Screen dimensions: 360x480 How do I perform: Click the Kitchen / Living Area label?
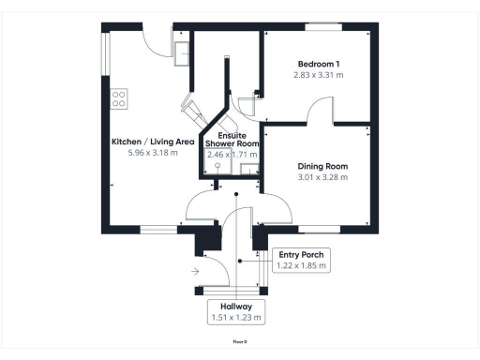tap(153, 142)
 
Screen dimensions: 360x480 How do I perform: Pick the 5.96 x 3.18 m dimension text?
tap(153, 154)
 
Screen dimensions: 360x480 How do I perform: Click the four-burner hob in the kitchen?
tap(119, 97)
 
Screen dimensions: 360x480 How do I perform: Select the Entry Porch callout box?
tap(302, 260)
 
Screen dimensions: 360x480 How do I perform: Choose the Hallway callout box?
tap(236, 311)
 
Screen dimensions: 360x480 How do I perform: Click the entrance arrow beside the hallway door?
tap(194, 271)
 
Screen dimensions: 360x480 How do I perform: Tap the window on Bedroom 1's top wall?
tap(327, 27)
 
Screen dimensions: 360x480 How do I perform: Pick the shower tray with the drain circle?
tap(217, 167)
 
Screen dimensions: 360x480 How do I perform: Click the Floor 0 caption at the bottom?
tap(240, 342)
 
